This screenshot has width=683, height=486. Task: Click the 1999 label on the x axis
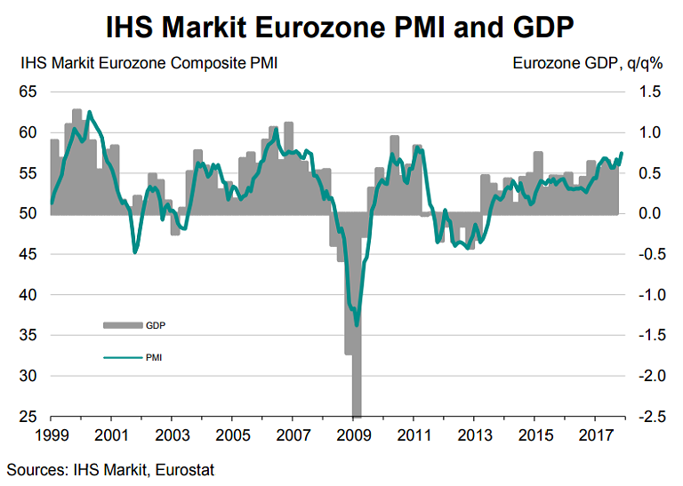(51, 436)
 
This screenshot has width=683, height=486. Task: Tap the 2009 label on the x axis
(353, 436)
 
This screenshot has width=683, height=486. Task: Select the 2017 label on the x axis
(595, 436)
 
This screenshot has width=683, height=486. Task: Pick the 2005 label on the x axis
(232, 436)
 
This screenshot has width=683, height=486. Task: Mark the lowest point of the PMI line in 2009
(357, 324)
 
